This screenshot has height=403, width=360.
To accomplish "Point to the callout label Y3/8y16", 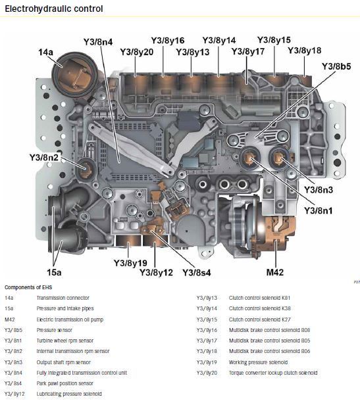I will [x=167, y=41].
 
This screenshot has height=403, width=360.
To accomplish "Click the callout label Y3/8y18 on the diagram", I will [x=305, y=51].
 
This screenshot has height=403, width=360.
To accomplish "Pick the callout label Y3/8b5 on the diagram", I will [x=336, y=66].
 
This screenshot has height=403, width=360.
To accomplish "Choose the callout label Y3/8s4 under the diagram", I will [x=198, y=272].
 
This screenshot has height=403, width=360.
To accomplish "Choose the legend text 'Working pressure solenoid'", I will [x=258, y=362].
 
